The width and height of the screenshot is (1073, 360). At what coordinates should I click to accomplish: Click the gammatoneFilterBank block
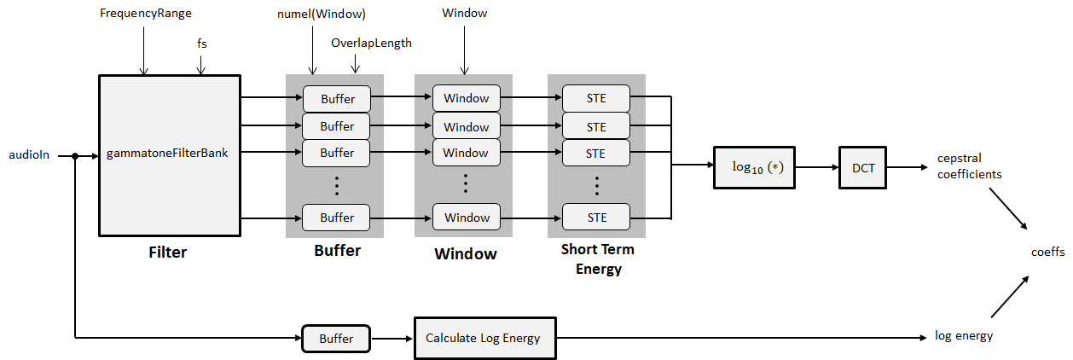point(168,154)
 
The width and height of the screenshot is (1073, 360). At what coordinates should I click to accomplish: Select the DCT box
point(863,168)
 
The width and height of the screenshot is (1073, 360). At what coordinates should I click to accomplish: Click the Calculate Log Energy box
point(483,338)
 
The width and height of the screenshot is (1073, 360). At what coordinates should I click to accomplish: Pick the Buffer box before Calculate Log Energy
point(336,339)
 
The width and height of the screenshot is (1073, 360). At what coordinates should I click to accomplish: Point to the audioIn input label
point(29,155)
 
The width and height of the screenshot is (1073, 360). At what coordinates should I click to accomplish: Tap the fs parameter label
point(202,43)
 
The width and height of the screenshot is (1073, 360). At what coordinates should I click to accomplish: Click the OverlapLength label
point(371,43)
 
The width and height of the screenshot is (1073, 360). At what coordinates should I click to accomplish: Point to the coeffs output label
point(1047,252)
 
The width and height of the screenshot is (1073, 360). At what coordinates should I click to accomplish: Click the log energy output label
point(964,336)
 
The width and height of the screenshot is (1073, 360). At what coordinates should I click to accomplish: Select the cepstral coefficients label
point(968,167)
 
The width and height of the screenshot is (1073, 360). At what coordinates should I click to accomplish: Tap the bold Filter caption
point(167,253)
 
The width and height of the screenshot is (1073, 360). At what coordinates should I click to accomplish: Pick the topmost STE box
point(596,98)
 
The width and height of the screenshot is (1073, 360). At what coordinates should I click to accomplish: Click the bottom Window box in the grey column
point(466,218)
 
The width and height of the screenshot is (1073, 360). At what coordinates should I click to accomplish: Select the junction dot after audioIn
point(76,155)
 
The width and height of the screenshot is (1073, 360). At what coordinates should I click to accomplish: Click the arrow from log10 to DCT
point(818,168)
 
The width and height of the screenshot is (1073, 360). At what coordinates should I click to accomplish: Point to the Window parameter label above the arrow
point(465,15)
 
